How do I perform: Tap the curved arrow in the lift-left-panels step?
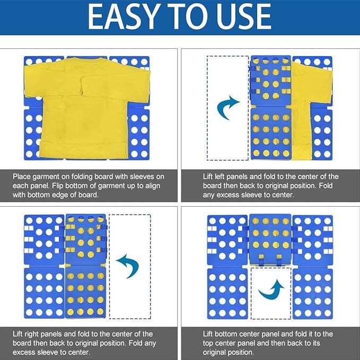click(x=226, y=108)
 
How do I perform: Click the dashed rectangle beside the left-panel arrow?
click(x=207, y=108)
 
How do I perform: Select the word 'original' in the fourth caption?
click(x=215, y=353)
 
